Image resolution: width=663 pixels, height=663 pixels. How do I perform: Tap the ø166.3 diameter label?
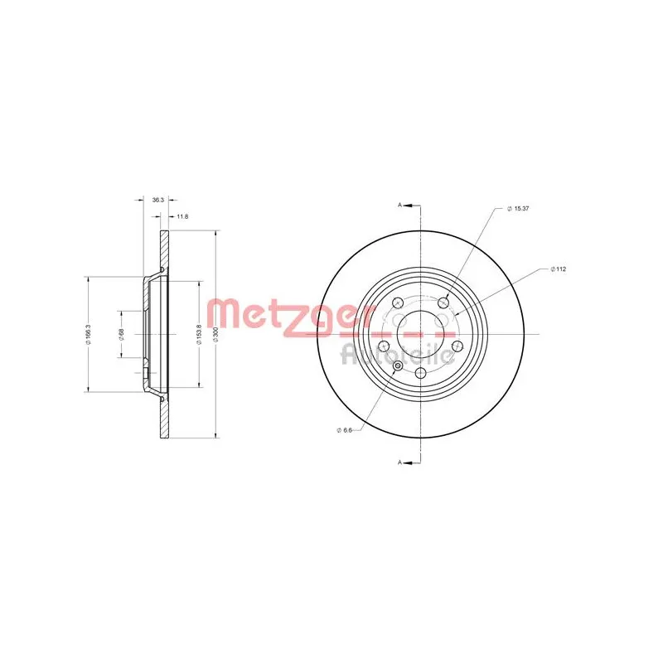click(86, 334)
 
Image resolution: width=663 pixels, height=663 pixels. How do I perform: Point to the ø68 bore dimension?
click(121, 334)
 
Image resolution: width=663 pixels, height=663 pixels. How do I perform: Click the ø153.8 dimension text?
click(199, 334)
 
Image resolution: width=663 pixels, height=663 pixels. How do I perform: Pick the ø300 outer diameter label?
click(216, 334)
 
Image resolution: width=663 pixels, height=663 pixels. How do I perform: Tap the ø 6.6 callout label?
click(346, 428)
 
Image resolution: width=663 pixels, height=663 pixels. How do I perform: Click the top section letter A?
click(400, 205)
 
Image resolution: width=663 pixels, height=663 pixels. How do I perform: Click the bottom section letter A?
click(400, 461)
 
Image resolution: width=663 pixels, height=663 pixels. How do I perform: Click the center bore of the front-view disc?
click(419, 334)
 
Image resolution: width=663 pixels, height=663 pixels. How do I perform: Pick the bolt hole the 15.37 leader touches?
click(443, 302)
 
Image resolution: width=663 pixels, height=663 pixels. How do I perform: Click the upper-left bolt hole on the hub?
click(397, 302)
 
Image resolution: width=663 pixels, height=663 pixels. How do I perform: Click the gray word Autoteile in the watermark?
click(397, 355)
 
